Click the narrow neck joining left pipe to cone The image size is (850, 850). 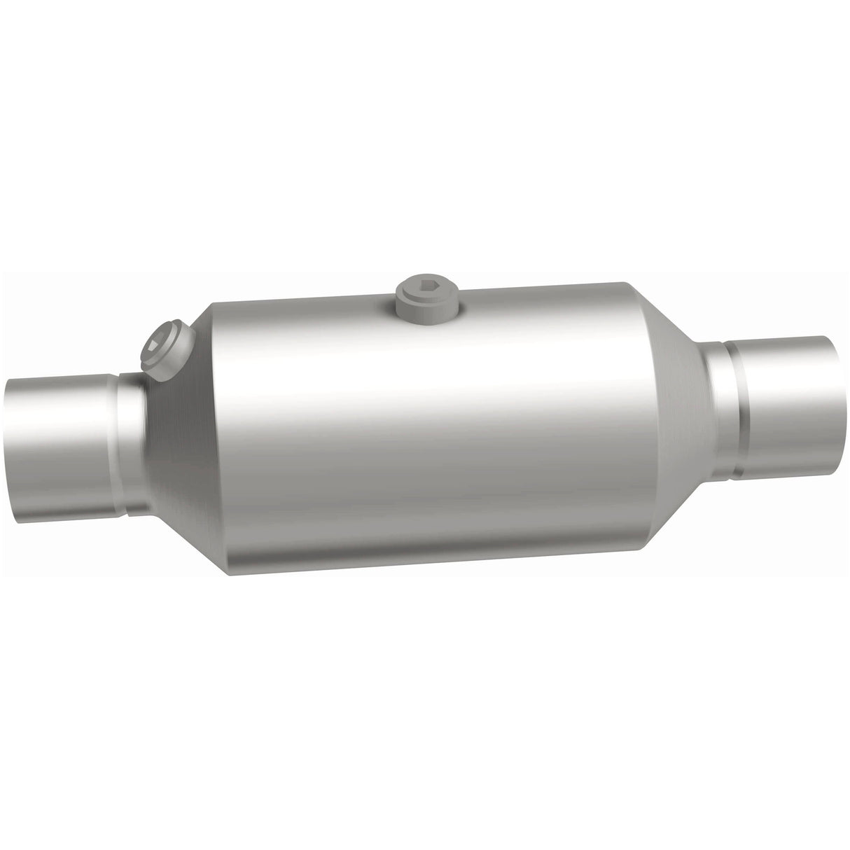[x=133, y=441]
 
